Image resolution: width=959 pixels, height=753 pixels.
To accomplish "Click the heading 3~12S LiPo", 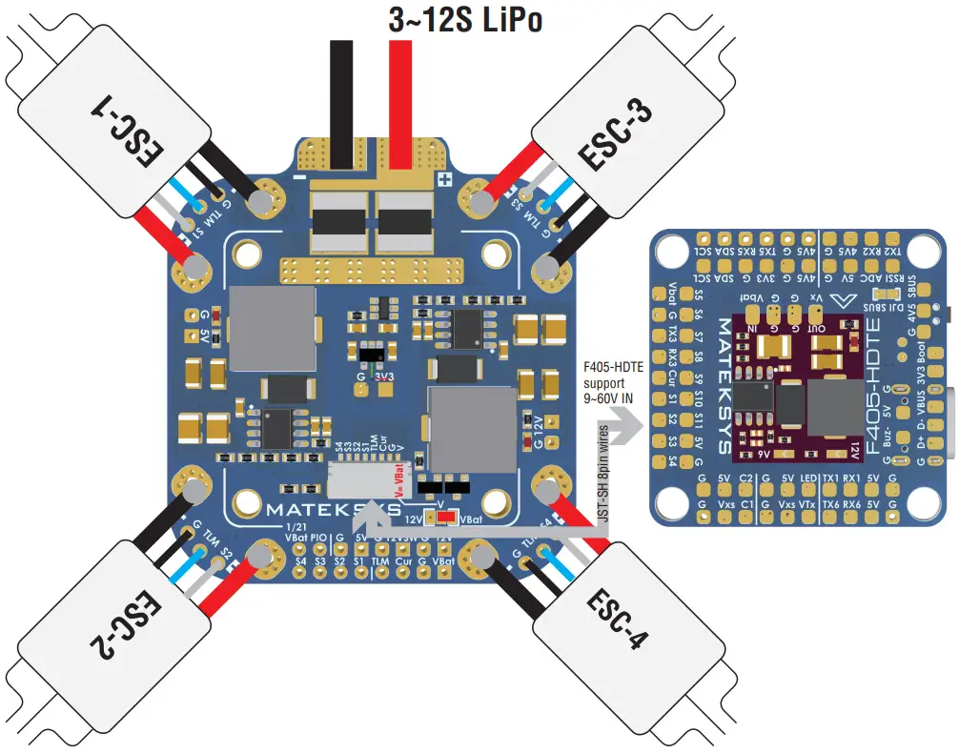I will [465, 20].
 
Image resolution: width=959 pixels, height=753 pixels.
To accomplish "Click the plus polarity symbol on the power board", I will [442, 178].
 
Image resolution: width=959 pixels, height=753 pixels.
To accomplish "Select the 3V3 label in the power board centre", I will [384, 376].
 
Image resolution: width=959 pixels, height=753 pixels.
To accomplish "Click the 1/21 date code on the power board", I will [296, 526].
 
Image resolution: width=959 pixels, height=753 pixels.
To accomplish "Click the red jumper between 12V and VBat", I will [441, 518].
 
